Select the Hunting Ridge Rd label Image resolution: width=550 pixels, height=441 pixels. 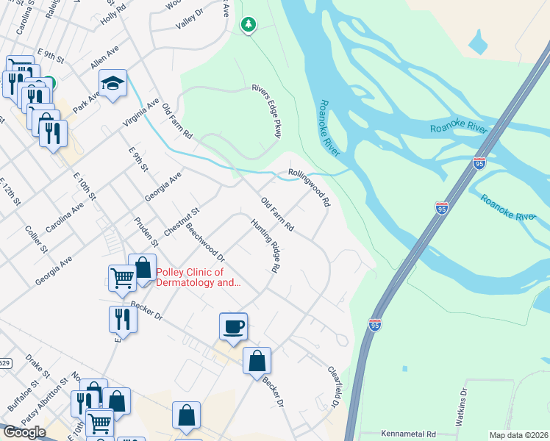tap(265, 245)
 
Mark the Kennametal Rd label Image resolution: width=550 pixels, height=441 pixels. tap(409, 434)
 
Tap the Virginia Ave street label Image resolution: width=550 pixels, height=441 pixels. tap(140, 112)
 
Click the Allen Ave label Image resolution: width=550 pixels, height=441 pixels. tap(104, 57)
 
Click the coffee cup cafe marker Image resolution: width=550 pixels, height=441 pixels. tap(233, 326)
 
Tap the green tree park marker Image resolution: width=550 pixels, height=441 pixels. tap(249, 25)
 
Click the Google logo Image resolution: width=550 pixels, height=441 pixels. tap(24, 432)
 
